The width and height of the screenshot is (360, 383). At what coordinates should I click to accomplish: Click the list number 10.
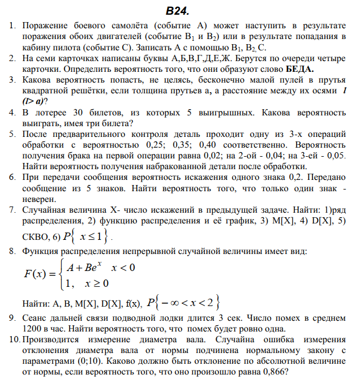click(12, 340)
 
